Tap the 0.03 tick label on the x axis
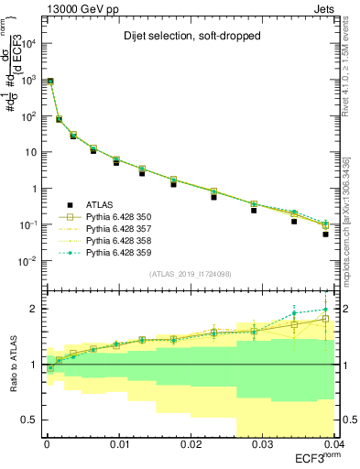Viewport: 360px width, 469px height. tap(264, 444)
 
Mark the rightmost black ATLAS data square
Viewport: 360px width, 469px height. tap(325, 234)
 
